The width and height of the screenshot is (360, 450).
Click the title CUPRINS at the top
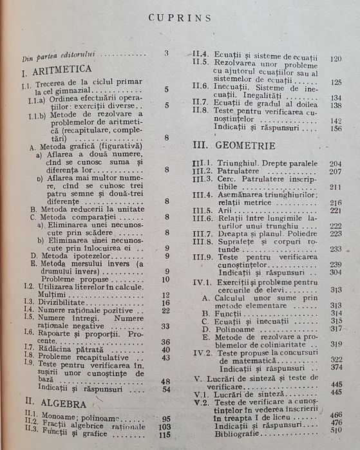180,17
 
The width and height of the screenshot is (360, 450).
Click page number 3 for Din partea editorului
166,53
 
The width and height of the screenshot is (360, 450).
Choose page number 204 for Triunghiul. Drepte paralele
335,164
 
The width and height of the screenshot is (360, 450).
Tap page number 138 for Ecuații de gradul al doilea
336,105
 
